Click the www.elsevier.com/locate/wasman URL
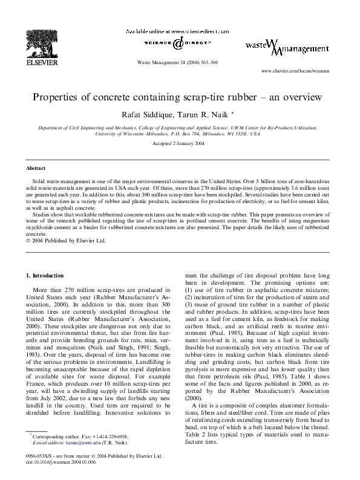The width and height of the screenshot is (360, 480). [295, 71]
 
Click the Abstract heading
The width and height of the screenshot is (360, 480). [36, 167]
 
